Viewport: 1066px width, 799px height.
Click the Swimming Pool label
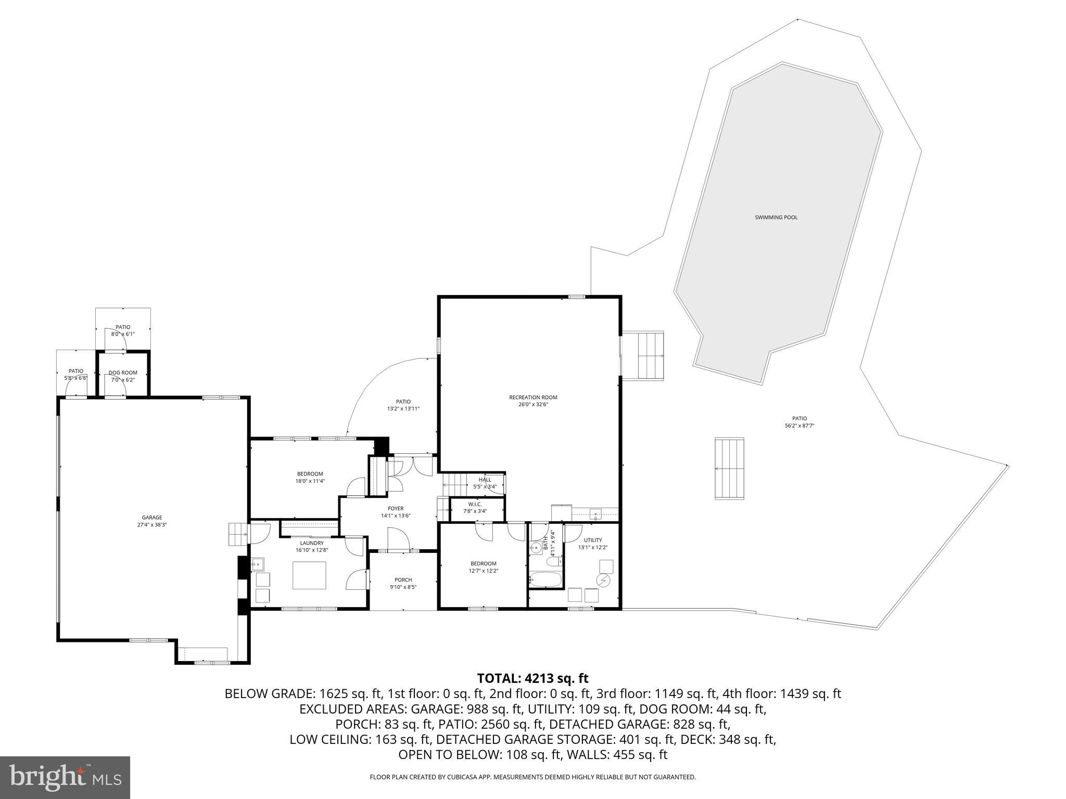[776, 217]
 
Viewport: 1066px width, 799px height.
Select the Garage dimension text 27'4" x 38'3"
[152, 525]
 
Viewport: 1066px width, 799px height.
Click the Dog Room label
[123, 372]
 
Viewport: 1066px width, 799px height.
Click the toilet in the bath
[553, 562]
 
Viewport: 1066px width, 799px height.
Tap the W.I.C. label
[475, 504]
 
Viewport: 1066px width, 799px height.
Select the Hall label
[485, 480]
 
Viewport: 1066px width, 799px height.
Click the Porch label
[403, 580]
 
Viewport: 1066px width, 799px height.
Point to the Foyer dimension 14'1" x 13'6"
[396, 516]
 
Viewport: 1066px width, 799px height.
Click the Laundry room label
[312, 543]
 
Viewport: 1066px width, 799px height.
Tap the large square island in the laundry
[309, 575]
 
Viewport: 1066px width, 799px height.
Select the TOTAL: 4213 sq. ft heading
[532, 678]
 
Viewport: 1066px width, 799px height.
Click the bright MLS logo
[65, 778]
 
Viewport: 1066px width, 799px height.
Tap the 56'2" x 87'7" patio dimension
[799, 426]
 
